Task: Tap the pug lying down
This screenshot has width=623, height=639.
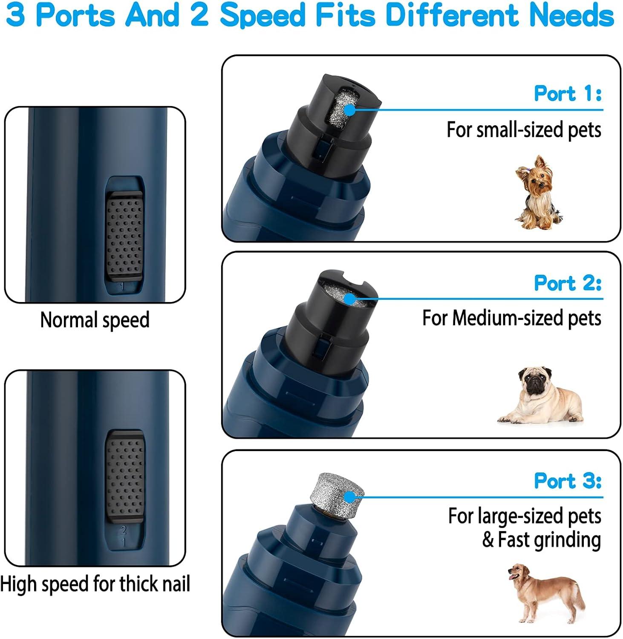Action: (x=541, y=396)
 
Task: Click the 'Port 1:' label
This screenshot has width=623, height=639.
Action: (x=568, y=93)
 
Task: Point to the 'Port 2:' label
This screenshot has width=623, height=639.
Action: (x=568, y=283)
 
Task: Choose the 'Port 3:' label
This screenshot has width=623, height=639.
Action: (x=568, y=481)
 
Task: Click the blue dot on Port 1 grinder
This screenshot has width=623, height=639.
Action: (x=349, y=110)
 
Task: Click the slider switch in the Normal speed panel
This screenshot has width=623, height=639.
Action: (x=124, y=237)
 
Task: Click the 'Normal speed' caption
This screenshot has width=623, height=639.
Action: (x=95, y=320)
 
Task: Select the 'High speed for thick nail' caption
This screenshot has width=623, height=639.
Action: (x=95, y=584)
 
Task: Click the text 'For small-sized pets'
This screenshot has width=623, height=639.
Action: (x=524, y=130)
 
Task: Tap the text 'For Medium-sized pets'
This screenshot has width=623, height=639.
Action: (x=511, y=318)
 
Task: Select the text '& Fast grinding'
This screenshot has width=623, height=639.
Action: (x=541, y=540)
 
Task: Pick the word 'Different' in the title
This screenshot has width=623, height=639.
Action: (x=454, y=15)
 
